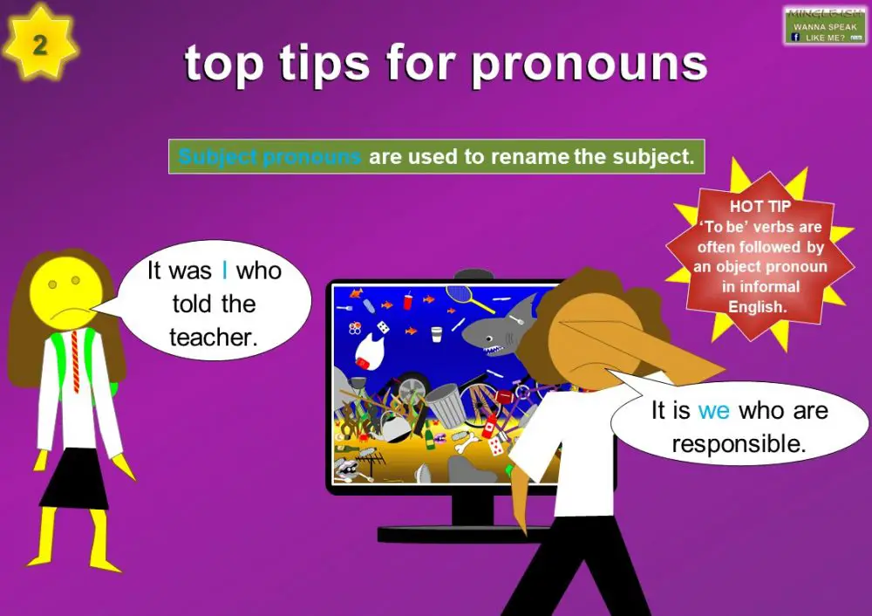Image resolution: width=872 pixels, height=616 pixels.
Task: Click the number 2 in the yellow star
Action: (x=40, y=45)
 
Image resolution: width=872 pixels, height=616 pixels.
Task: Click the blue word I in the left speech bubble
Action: (x=225, y=270)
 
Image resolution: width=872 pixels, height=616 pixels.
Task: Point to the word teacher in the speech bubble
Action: (x=214, y=338)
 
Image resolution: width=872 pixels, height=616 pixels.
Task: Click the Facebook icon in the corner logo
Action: (x=796, y=38)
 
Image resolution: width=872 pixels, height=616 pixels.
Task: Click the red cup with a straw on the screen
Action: (x=406, y=303)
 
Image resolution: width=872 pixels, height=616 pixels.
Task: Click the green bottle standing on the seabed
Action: (x=429, y=435)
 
